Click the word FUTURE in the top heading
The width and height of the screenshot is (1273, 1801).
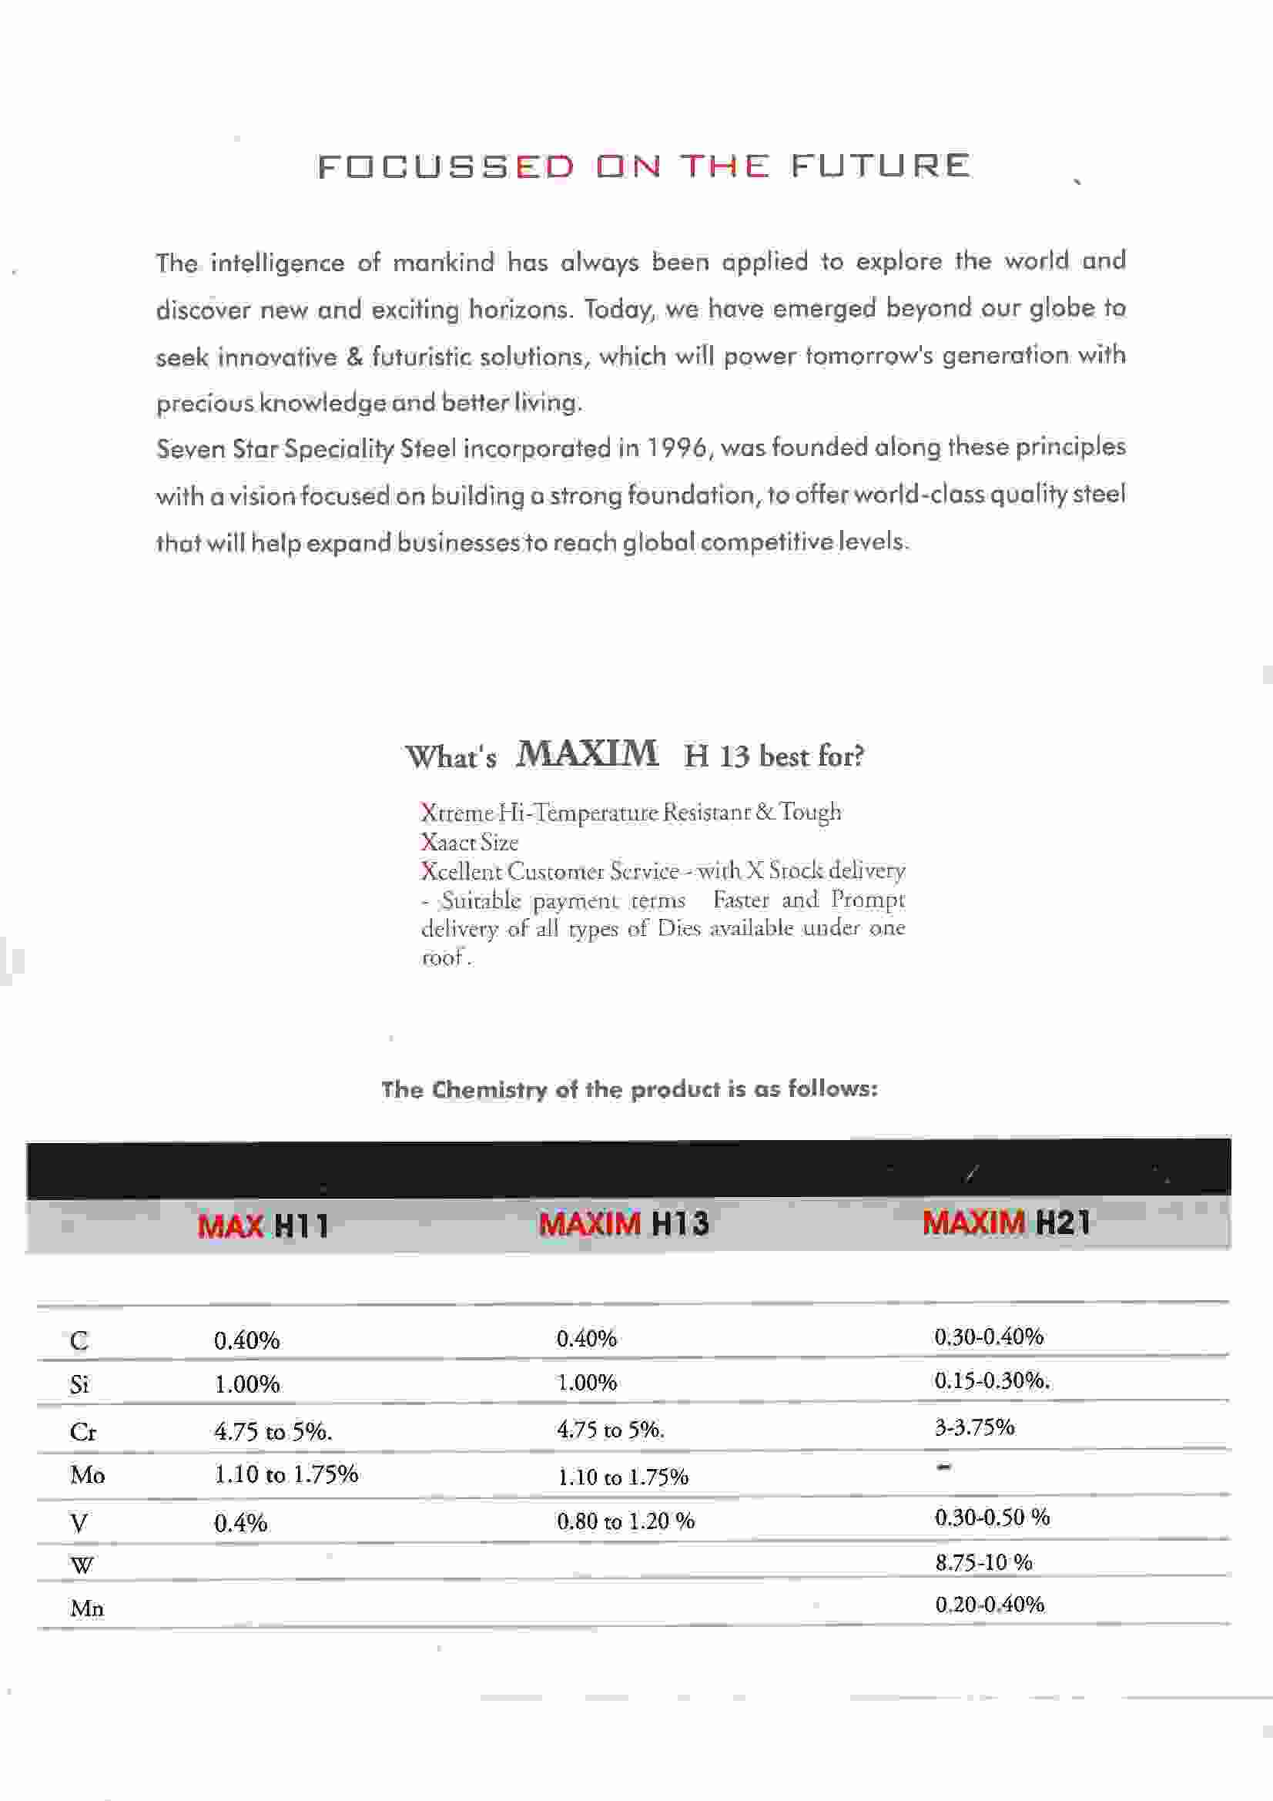pos(880,166)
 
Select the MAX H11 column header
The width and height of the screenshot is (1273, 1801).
pos(263,1226)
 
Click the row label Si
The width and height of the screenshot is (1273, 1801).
pos(79,1384)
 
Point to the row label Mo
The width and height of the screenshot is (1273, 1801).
pos(87,1475)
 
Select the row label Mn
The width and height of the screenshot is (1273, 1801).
pos(86,1609)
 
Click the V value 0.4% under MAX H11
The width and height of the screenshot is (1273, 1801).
pos(241,1524)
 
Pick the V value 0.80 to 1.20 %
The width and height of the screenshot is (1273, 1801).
pos(625,1521)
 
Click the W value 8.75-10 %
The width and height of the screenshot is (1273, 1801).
pos(983,1562)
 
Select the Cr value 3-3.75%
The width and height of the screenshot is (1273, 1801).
pos(974,1427)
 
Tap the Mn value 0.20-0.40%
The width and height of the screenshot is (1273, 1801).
pos(989,1605)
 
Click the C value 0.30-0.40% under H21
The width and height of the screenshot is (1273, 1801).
pos(988,1336)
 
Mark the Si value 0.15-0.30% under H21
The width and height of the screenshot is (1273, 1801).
pos(991,1380)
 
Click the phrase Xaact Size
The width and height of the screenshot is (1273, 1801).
pos(469,843)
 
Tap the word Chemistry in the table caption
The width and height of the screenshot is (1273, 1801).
pos(489,1089)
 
